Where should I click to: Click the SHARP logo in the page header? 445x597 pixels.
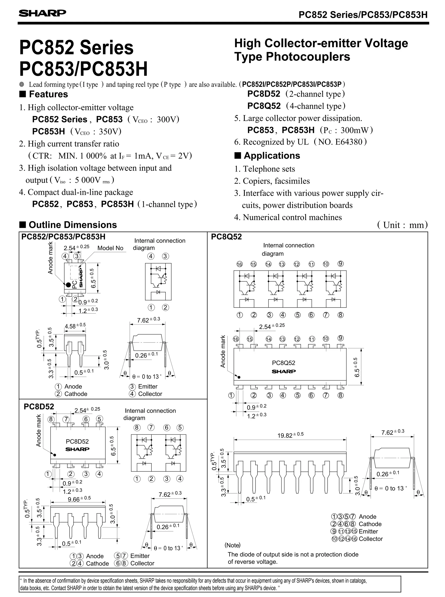(x=42, y=13)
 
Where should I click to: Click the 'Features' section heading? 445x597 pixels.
(x=48, y=94)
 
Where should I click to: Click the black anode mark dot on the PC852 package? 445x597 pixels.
(x=68, y=284)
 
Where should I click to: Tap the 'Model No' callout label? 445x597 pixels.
(x=110, y=248)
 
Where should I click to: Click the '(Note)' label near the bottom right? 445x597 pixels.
(x=232, y=545)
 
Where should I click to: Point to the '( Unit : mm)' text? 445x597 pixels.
(x=402, y=225)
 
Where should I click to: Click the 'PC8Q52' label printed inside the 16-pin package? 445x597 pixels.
(x=283, y=363)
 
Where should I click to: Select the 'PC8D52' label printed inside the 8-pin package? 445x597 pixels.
(x=77, y=441)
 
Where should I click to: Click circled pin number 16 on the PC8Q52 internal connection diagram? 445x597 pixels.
(x=239, y=264)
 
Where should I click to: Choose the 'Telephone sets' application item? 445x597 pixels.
(x=269, y=169)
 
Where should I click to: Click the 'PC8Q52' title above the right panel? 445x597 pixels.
(x=226, y=237)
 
